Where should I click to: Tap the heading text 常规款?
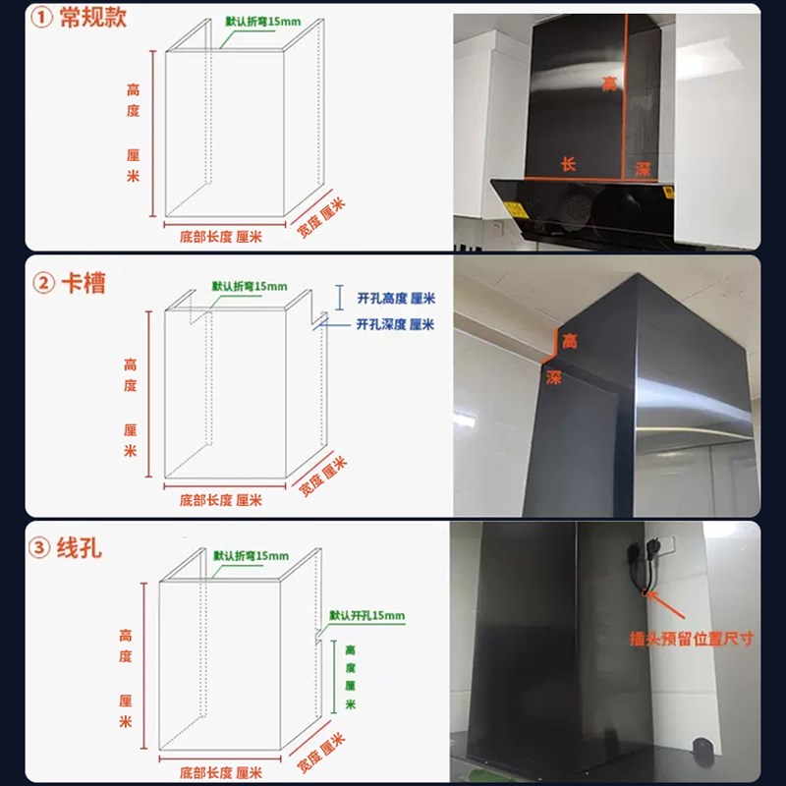pos(93,20)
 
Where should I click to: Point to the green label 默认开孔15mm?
pos(366,615)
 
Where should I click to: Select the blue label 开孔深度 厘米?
pos(394,324)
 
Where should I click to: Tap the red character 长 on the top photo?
pos(568,164)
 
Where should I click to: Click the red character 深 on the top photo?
pos(642,169)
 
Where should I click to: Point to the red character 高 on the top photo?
pos(610,85)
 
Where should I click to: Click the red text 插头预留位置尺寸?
pos(692,638)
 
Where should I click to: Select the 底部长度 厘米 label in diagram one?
pos(220,237)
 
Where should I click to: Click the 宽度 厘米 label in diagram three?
pos(322,748)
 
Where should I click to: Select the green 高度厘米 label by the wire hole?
pos(351,677)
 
